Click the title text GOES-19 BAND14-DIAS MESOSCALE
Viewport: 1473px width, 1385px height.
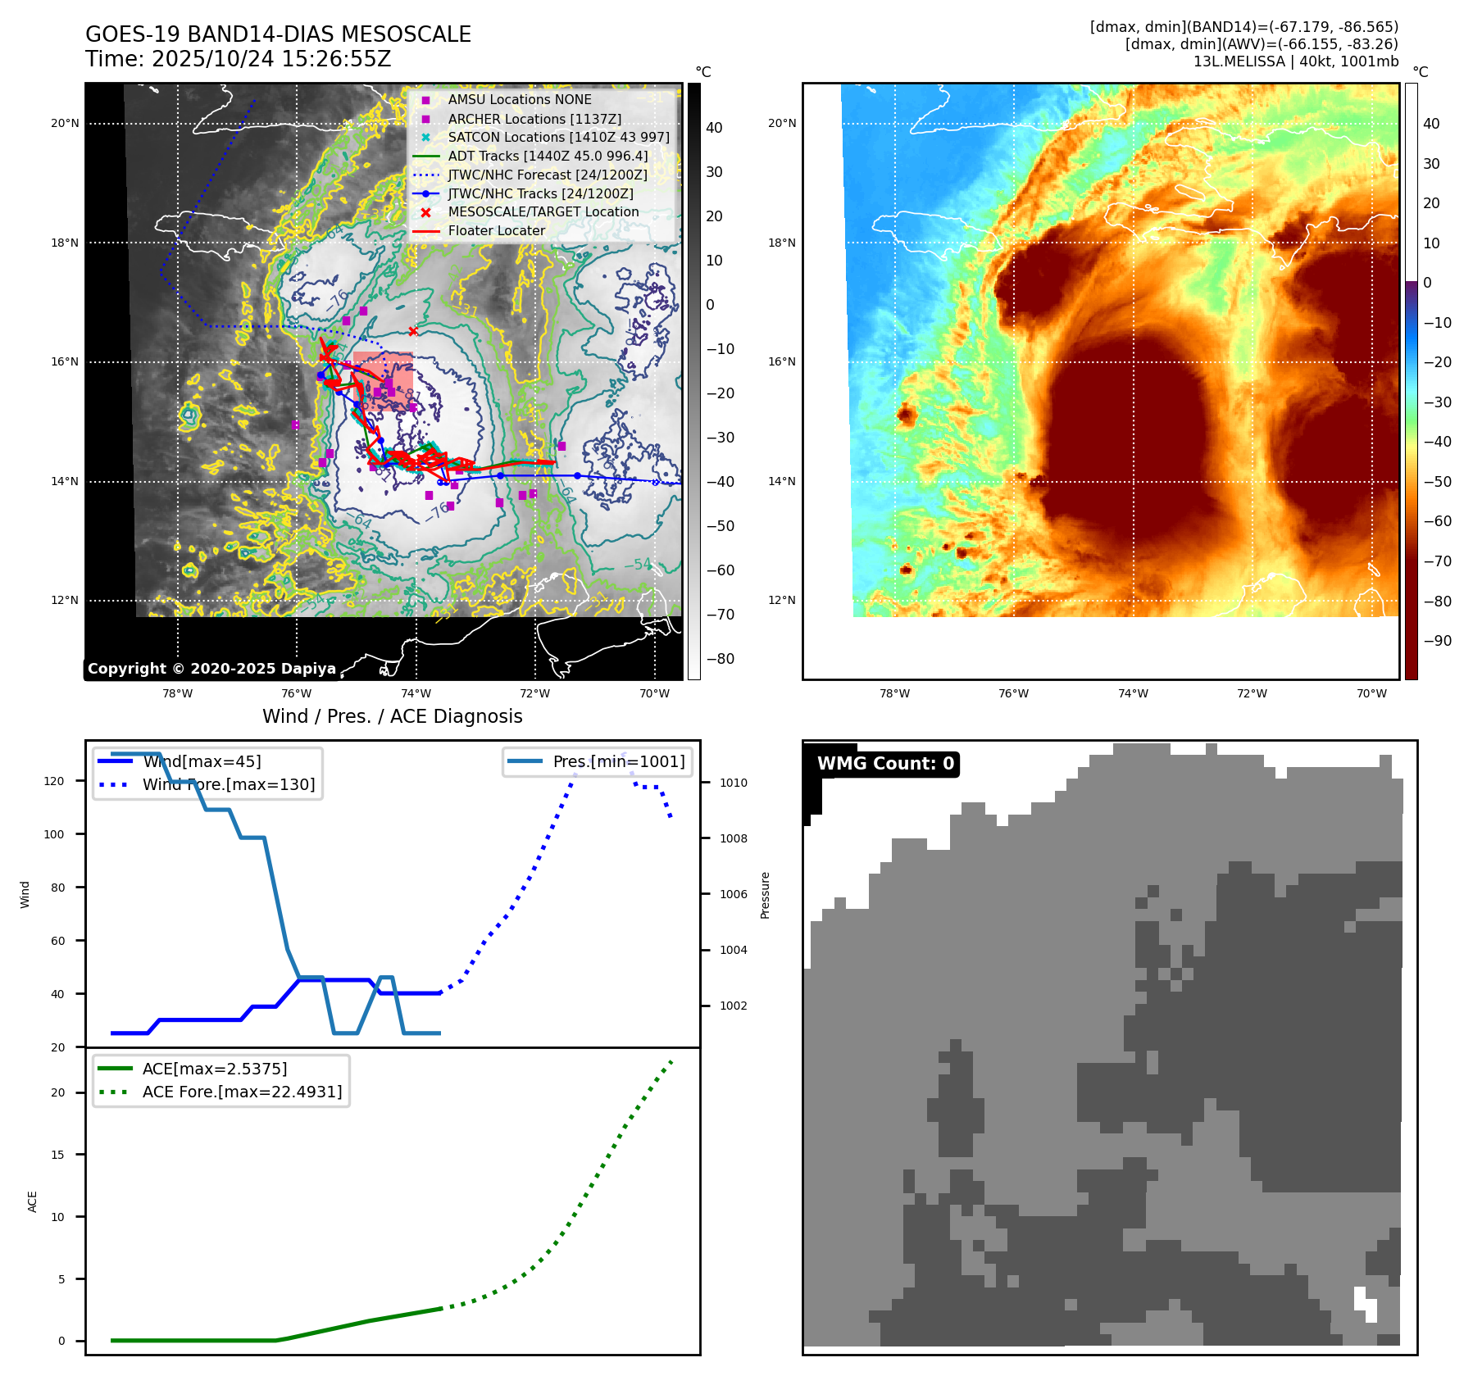point(278,34)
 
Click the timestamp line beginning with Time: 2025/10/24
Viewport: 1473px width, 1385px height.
point(238,59)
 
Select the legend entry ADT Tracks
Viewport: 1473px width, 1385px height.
point(547,156)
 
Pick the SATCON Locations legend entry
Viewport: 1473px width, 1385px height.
point(557,137)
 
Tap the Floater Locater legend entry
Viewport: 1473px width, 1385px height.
point(496,230)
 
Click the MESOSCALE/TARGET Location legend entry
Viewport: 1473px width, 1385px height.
point(543,211)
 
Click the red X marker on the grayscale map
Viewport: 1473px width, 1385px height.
point(413,331)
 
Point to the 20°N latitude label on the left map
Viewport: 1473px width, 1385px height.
point(65,124)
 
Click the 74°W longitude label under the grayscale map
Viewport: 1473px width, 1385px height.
point(416,693)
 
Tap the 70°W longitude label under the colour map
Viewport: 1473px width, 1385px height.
point(1371,693)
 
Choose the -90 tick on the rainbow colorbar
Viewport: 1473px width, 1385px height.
point(1437,641)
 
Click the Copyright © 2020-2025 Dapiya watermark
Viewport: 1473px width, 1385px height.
point(211,669)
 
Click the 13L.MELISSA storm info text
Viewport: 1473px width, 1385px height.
point(1295,61)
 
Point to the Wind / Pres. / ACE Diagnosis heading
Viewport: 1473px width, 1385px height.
point(392,716)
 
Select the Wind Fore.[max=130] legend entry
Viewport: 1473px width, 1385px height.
point(228,784)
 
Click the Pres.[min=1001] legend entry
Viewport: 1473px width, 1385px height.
point(618,761)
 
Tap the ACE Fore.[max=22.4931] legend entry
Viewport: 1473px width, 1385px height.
point(242,1092)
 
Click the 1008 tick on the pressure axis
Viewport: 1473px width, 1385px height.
point(733,838)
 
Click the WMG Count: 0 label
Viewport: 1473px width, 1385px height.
point(885,764)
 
